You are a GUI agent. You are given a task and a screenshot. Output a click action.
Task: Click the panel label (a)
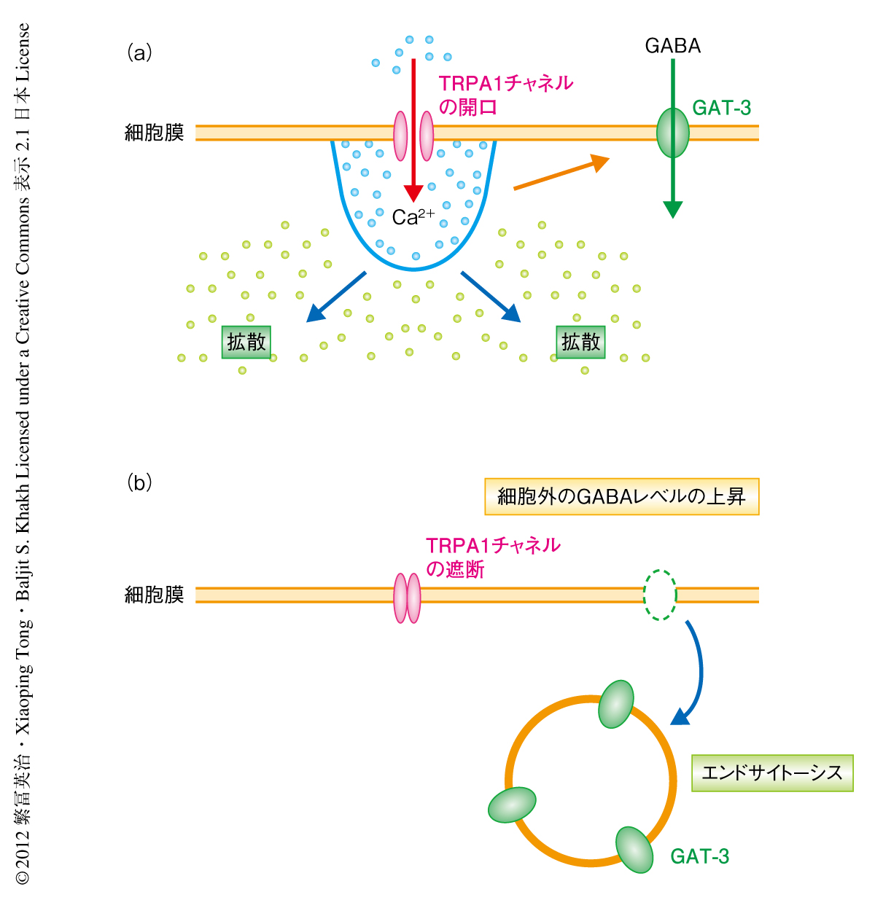pyautogui.click(x=139, y=52)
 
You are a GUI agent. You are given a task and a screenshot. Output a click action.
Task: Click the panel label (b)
pyautogui.click(x=139, y=482)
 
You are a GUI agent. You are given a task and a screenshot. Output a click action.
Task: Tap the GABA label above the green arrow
pyautogui.click(x=672, y=46)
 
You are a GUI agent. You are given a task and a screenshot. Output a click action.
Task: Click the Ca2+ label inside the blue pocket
pyautogui.click(x=413, y=216)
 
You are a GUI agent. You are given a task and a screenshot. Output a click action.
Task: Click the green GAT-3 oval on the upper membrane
pyautogui.click(x=672, y=133)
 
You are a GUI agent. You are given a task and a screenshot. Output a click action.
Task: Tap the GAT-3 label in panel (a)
pyautogui.click(x=721, y=108)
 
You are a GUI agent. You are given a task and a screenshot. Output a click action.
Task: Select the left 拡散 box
pyautogui.click(x=246, y=342)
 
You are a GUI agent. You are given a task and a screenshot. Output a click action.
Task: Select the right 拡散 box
pyautogui.click(x=581, y=342)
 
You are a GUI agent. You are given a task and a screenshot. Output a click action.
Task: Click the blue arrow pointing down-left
pyautogui.click(x=336, y=296)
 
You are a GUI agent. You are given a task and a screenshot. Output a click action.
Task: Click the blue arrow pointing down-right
pyautogui.click(x=491, y=296)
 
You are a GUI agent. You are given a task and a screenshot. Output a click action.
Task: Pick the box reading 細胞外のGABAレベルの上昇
pyautogui.click(x=621, y=497)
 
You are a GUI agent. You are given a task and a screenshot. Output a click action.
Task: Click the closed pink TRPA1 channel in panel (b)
pyautogui.click(x=407, y=598)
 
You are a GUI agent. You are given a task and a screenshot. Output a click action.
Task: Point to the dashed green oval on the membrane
pyautogui.click(x=660, y=595)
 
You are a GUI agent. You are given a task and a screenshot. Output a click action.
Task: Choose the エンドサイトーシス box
pyautogui.click(x=771, y=773)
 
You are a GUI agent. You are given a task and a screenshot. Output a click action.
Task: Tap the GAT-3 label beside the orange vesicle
pyautogui.click(x=699, y=856)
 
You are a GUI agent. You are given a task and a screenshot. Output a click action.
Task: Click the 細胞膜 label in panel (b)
pyautogui.click(x=155, y=595)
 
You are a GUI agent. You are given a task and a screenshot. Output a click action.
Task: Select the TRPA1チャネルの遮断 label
pyautogui.click(x=493, y=557)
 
